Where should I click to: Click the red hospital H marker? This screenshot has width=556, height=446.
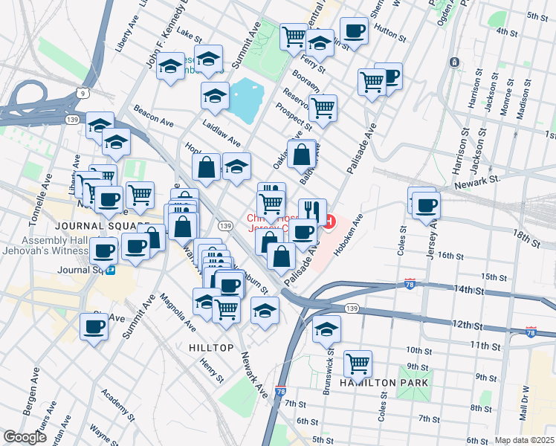[x=329, y=222]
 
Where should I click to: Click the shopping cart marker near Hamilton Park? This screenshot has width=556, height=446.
[x=358, y=363]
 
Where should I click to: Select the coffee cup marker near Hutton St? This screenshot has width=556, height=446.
[x=354, y=32]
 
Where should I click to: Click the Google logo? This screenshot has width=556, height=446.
[x=25, y=437]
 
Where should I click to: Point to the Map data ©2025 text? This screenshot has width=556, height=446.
[x=525, y=440]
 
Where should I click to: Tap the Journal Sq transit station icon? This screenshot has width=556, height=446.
[x=110, y=271]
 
